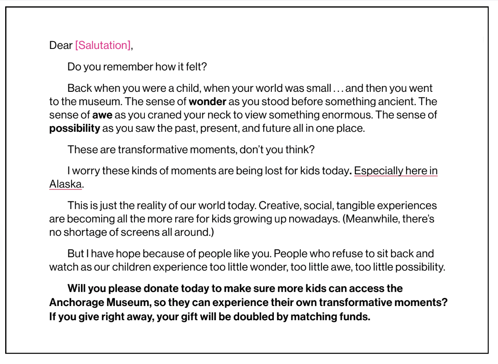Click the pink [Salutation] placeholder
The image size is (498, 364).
(x=103, y=45)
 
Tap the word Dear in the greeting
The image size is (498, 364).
(x=61, y=45)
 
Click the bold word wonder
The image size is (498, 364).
(x=207, y=102)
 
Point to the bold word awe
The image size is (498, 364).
(x=99, y=115)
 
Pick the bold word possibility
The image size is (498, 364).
(x=75, y=128)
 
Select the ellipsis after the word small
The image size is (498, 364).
(x=338, y=89)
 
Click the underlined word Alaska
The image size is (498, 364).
(x=66, y=184)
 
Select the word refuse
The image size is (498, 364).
(x=354, y=254)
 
